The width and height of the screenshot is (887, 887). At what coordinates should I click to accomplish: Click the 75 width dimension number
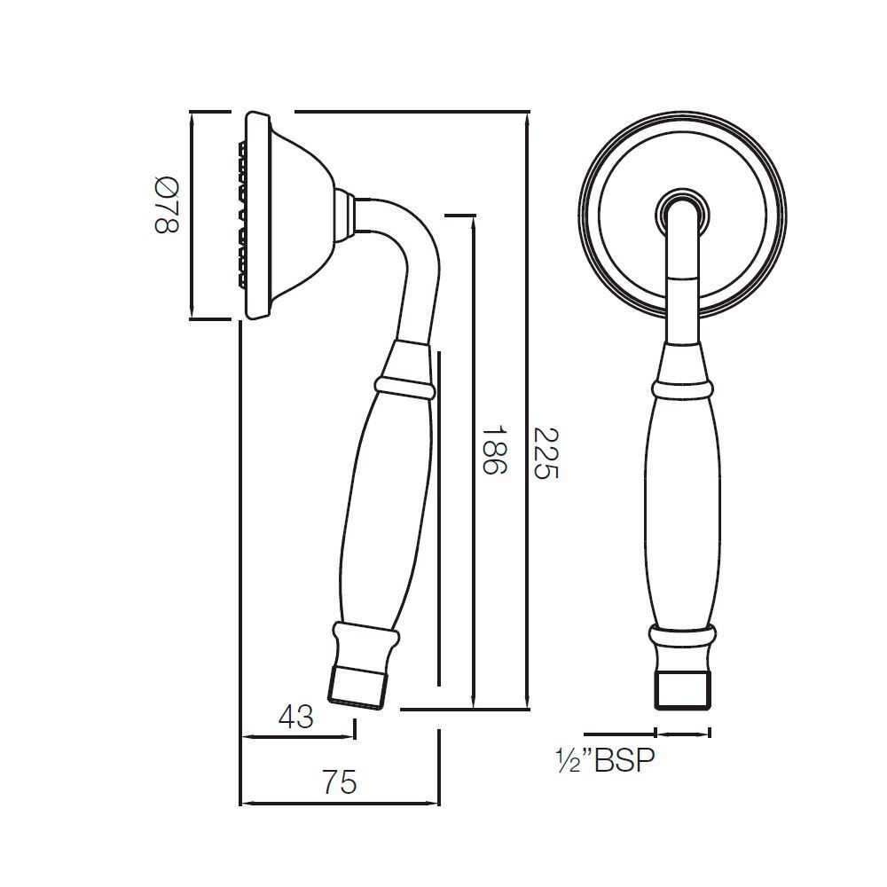[x=339, y=782]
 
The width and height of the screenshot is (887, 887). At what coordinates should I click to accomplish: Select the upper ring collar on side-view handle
[x=404, y=388]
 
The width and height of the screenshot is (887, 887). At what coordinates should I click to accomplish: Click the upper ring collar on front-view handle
[x=682, y=389]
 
